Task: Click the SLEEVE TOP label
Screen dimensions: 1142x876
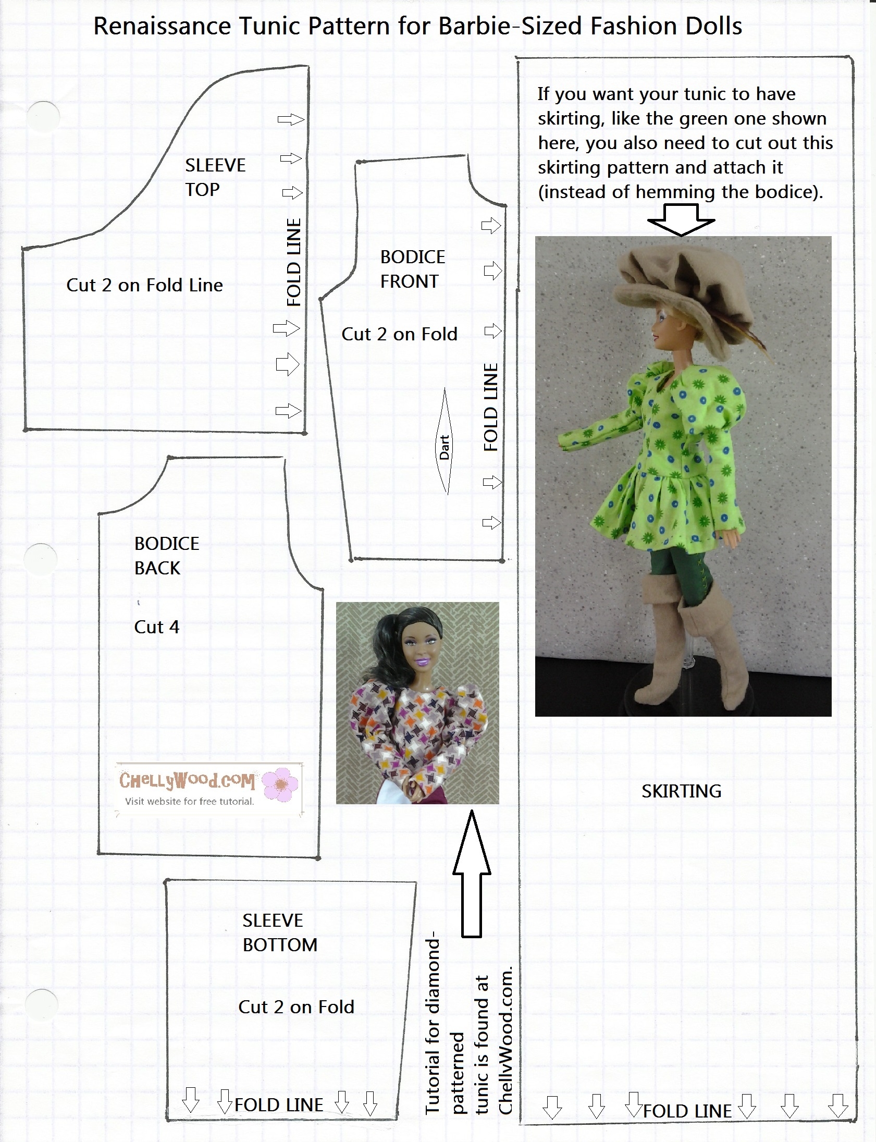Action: click(214, 177)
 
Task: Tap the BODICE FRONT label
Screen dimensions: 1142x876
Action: click(412, 269)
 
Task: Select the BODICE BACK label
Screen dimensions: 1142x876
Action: click(166, 555)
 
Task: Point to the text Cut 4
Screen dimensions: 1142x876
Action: click(156, 627)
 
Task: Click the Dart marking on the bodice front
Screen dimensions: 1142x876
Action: click(445, 446)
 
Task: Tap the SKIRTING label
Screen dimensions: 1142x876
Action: click(681, 791)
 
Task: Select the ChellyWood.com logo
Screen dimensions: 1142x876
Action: click(187, 781)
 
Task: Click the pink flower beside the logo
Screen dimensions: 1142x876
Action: click(281, 784)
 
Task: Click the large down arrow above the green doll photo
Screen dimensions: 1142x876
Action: click(681, 220)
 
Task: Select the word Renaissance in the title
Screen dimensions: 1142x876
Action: click(162, 26)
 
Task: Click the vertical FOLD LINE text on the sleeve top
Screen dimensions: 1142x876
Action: click(294, 262)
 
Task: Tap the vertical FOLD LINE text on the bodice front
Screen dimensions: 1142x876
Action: click(491, 407)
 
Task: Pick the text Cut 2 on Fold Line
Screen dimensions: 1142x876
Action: click(144, 285)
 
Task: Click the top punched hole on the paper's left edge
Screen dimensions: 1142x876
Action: click(43, 116)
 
